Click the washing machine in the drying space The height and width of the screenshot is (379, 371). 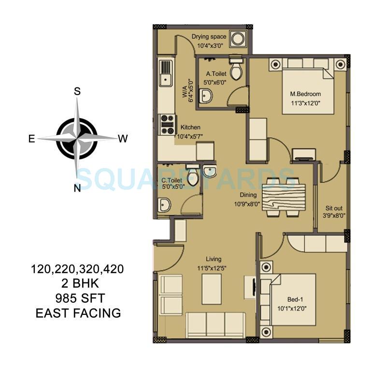(x=237, y=38)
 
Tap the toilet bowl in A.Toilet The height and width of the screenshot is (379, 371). (x=236, y=70)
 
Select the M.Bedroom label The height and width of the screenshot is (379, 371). (x=305, y=94)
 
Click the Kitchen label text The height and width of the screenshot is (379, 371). (x=190, y=127)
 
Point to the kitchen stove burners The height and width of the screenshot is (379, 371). (x=167, y=124)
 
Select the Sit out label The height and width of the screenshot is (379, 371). (x=334, y=209)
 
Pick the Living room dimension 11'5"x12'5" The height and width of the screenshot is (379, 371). (x=213, y=268)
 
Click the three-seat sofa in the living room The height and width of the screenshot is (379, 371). (x=215, y=324)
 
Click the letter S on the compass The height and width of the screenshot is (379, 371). (x=77, y=92)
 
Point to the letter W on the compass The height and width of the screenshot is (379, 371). (x=123, y=139)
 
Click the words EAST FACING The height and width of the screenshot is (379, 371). (x=78, y=313)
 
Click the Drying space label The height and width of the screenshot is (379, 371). (x=209, y=37)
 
